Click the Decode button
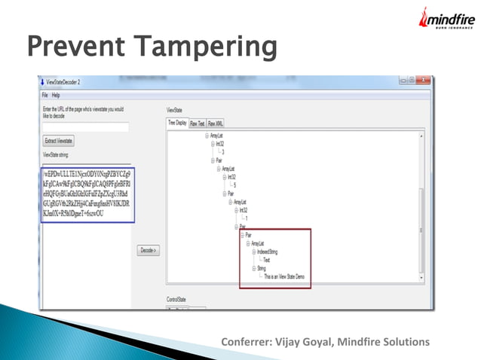click(149, 250)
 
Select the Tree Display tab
click(177, 123)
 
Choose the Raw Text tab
click(198, 123)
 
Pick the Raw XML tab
click(216, 123)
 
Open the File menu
click(45, 95)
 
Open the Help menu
click(56, 95)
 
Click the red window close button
click(426, 80)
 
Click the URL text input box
click(85, 127)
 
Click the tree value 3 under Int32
click(222, 151)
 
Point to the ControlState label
click(177, 299)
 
